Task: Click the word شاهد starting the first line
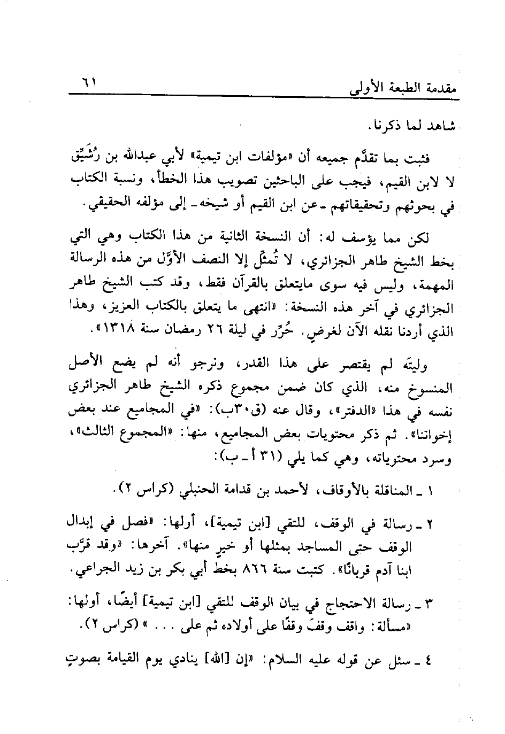coord(438,128)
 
